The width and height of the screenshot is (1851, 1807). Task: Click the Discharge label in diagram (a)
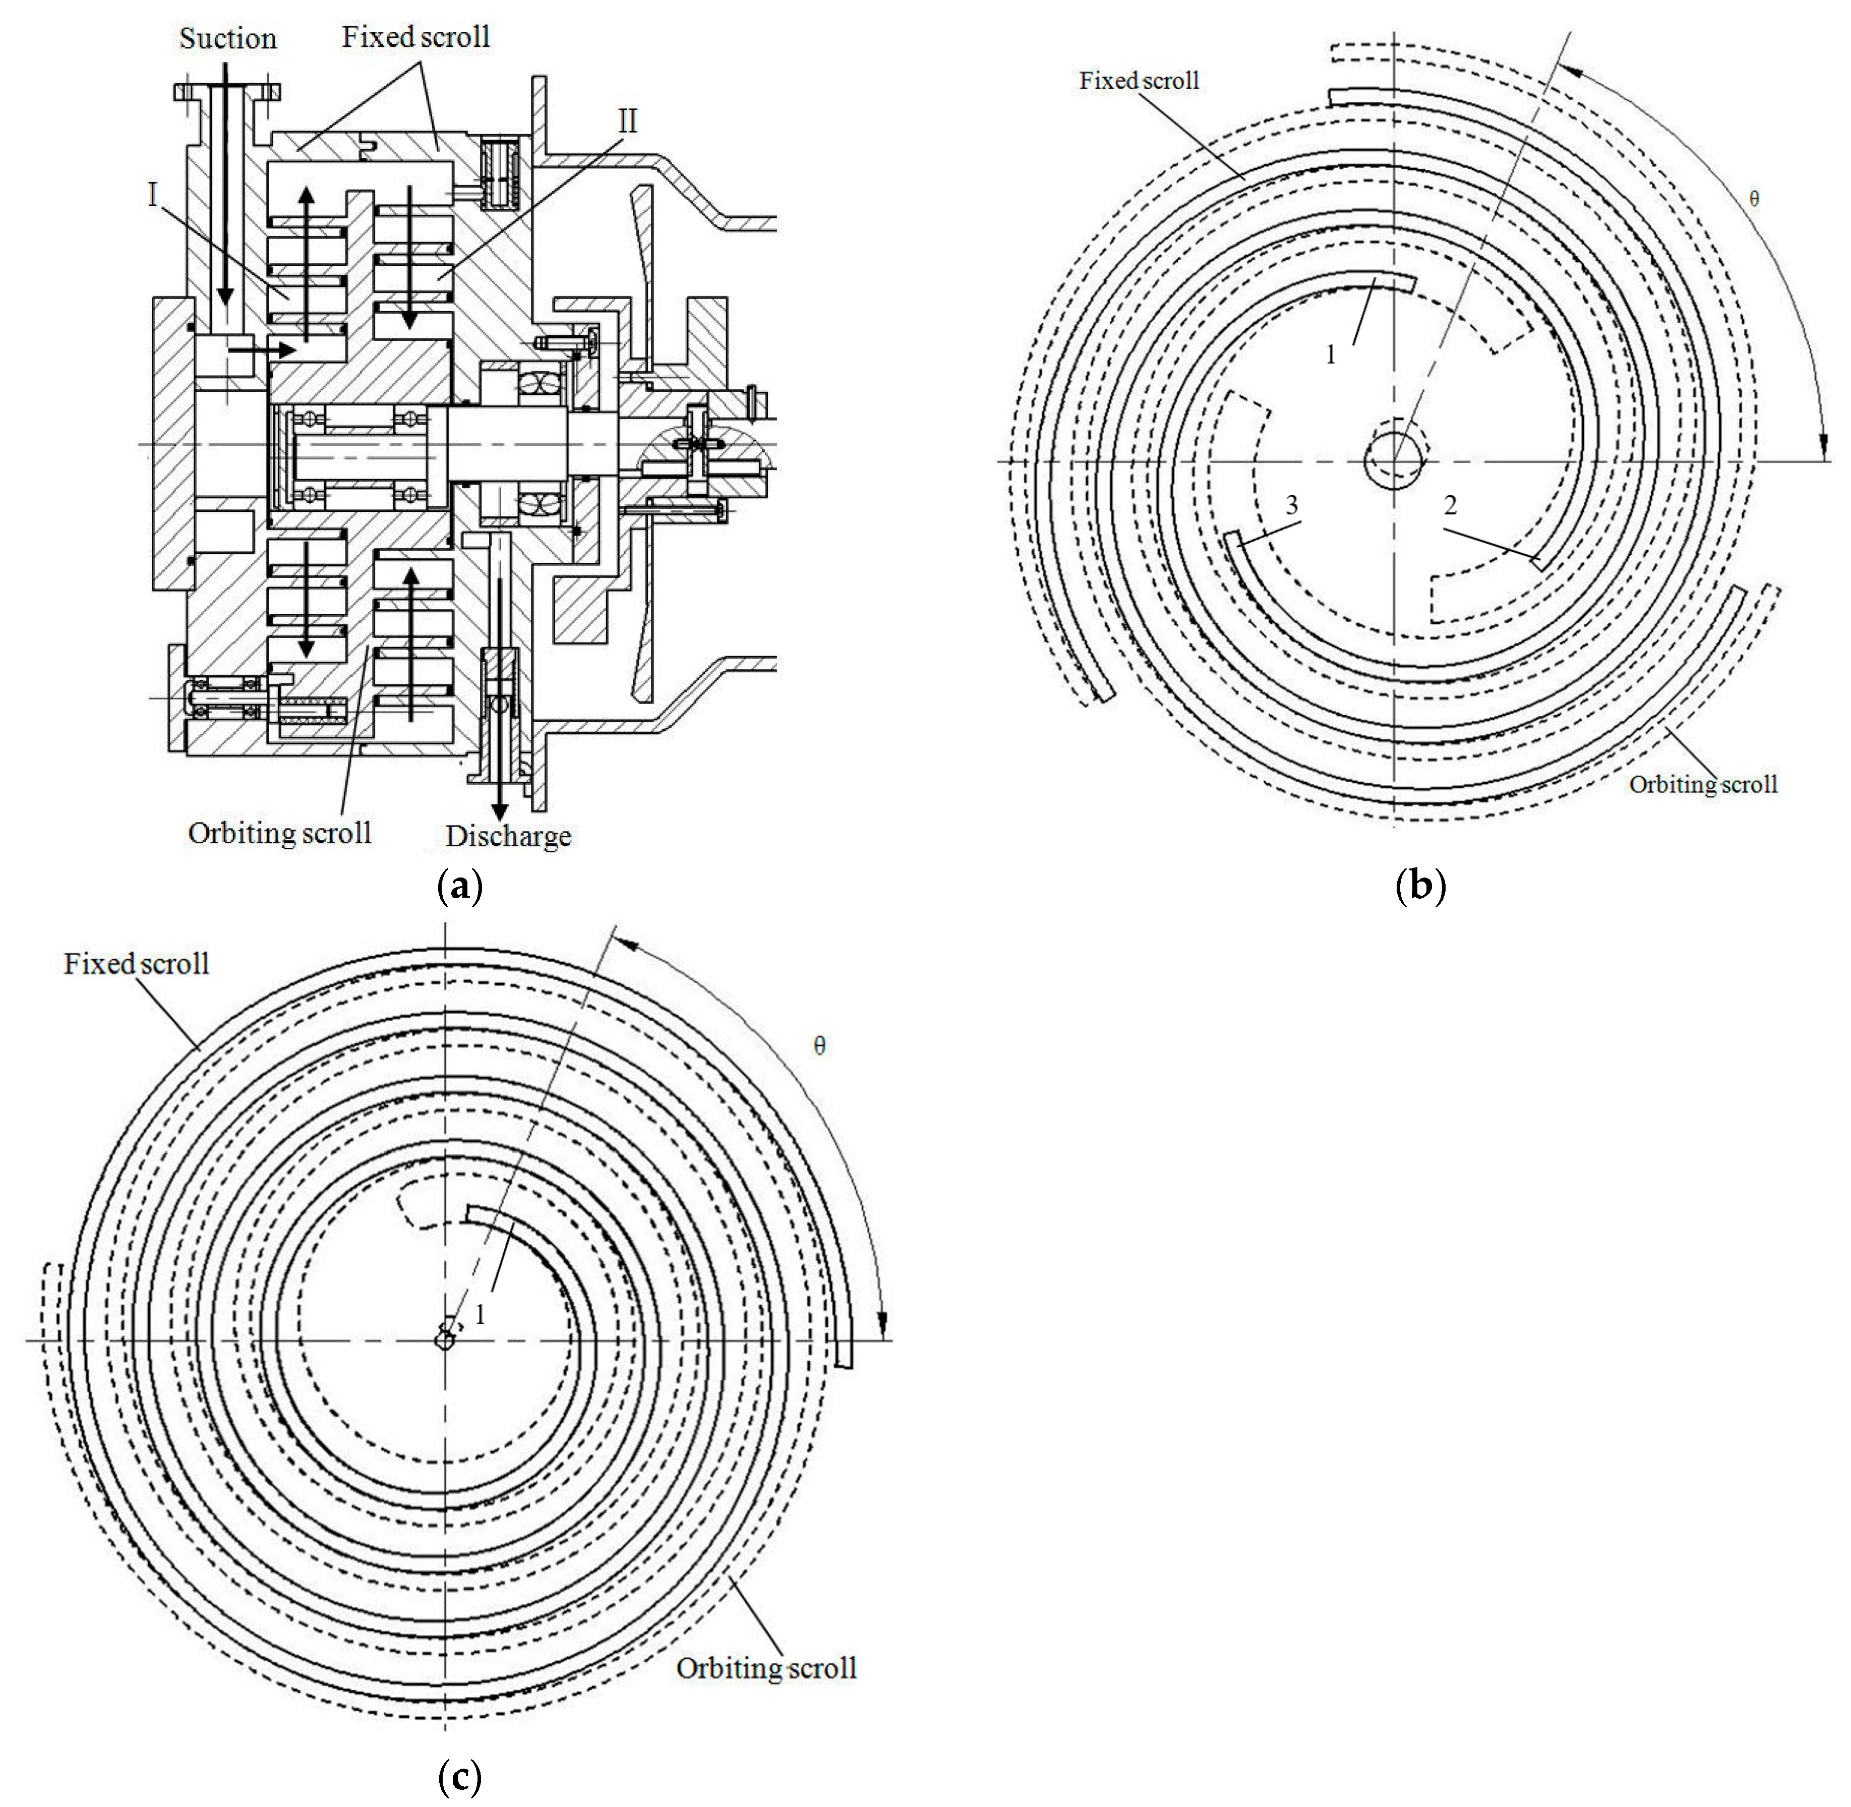click(509, 836)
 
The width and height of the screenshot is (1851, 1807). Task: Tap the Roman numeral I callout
click(152, 195)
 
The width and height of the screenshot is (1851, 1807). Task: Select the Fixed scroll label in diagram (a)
click(415, 37)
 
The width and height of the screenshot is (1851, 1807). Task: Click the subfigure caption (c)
click(460, 1777)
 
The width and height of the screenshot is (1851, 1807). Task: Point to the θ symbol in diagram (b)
click(1753, 199)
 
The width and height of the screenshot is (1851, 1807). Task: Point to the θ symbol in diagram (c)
click(820, 1046)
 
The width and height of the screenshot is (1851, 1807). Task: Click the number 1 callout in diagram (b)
click(1330, 355)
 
